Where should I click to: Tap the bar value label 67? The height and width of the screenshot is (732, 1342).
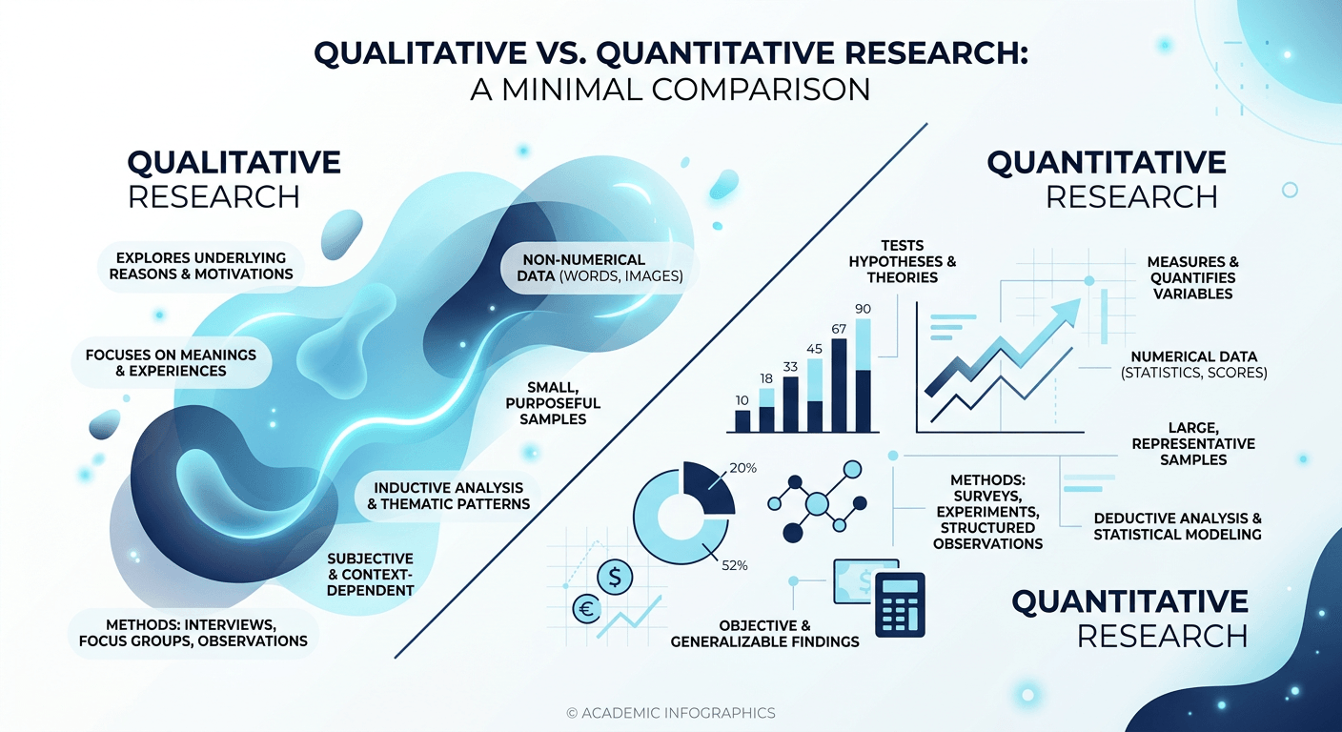tap(839, 329)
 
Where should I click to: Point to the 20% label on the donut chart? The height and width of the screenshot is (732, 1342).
tap(743, 468)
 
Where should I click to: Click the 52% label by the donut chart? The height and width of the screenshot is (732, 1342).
tap(734, 565)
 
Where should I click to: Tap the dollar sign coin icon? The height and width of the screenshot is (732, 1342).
tap(615, 576)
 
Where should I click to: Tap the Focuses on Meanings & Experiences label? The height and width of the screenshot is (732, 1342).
tap(172, 362)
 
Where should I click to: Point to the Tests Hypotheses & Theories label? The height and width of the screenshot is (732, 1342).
tap(903, 261)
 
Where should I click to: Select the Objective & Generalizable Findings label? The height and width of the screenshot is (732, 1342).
tap(765, 633)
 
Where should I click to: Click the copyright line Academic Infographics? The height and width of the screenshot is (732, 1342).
tap(670, 712)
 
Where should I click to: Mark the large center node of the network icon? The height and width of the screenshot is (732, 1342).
tap(817, 503)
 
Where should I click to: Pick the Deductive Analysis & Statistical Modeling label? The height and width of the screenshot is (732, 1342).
tap(1177, 526)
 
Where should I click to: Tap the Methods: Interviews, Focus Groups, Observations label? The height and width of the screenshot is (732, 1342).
tap(193, 632)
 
